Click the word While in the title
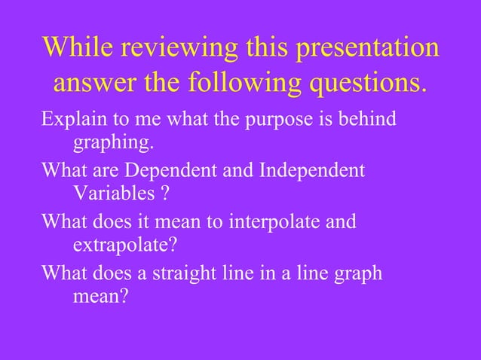coord(77,49)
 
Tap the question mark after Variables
coord(164,194)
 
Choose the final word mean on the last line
coord(97,297)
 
